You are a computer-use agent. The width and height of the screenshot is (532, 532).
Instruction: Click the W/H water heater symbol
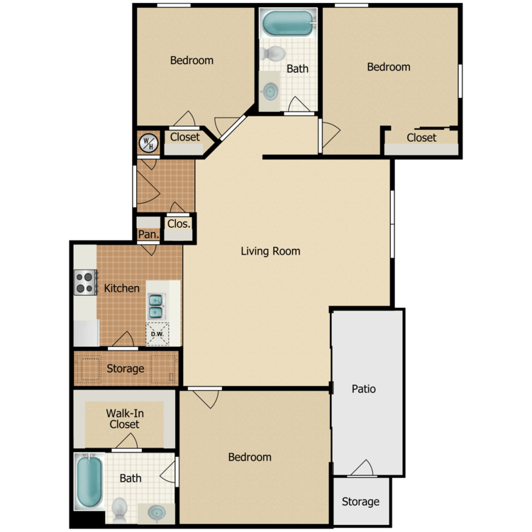149,143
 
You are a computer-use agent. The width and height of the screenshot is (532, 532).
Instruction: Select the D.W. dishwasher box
157,334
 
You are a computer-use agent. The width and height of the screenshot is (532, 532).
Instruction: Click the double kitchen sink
156,306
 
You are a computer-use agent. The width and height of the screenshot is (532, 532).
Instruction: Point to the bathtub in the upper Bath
288,23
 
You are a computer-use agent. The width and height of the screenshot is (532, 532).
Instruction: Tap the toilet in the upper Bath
273,53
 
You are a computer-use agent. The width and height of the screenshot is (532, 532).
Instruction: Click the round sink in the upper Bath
270,92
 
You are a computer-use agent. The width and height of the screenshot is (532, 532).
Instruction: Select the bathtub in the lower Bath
89,482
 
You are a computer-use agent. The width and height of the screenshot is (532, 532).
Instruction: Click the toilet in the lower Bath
119,510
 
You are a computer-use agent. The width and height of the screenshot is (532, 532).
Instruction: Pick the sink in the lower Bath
157,513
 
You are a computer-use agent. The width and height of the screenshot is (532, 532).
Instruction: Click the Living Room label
270,251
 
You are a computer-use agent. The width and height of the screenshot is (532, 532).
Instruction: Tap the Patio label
364,389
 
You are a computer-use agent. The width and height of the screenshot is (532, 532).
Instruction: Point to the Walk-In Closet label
125,419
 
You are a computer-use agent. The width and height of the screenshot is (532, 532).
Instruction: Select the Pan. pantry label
148,234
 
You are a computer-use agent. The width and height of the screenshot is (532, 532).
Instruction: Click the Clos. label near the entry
179,223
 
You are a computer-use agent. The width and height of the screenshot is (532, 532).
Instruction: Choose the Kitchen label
122,289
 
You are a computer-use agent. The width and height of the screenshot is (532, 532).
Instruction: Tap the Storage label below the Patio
360,501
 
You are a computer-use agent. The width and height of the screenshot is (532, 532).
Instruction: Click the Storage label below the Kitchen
125,368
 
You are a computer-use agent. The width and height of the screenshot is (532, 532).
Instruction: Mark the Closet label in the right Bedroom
421,138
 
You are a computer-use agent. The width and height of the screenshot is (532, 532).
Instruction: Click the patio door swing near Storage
362,467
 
